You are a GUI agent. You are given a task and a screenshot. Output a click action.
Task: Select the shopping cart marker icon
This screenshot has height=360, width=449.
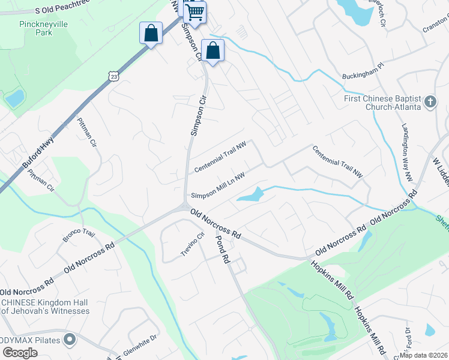click(x=195, y=11)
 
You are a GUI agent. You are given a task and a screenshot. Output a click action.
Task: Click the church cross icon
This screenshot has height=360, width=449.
click(x=430, y=102)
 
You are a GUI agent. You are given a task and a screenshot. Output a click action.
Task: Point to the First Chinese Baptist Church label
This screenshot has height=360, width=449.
click(x=382, y=103)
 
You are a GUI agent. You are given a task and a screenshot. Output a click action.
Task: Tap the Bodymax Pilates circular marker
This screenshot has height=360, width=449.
click(x=70, y=340)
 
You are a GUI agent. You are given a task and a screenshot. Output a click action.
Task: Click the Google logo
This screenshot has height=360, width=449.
click(x=20, y=353)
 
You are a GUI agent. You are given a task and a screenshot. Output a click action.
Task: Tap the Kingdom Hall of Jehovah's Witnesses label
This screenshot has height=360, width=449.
click(x=45, y=307)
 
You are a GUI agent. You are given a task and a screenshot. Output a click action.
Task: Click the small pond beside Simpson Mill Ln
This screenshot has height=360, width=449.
click(x=251, y=195)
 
